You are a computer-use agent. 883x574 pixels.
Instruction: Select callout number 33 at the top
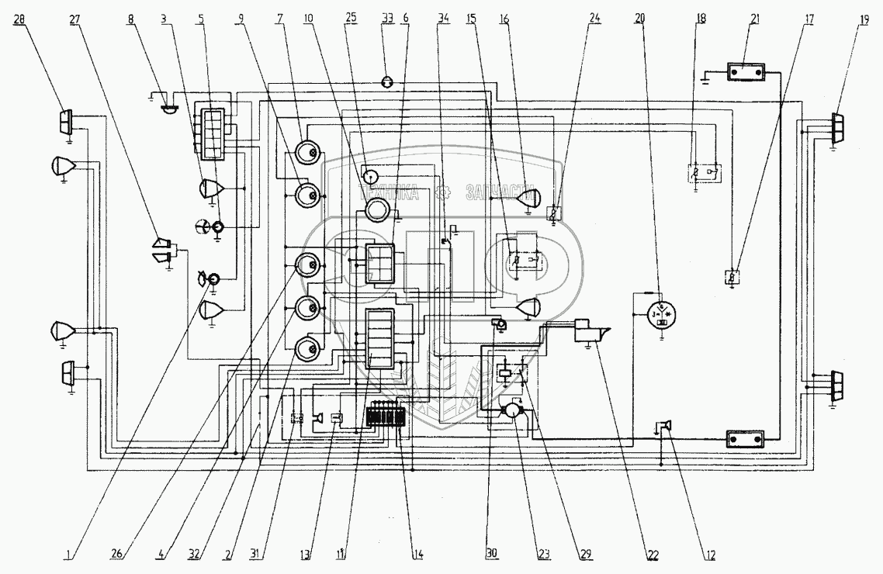point(388,18)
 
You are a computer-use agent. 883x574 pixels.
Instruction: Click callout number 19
point(862,18)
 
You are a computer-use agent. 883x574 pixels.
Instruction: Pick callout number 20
point(639,18)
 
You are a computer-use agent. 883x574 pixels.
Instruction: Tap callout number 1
point(70,554)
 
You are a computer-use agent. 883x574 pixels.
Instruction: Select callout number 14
point(418,554)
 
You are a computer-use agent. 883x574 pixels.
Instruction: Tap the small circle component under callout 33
point(388,81)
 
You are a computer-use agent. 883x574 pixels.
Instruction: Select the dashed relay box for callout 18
point(707,172)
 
